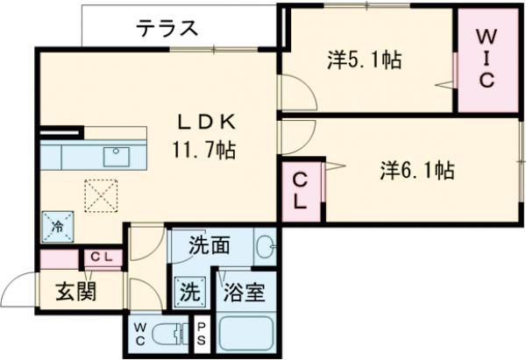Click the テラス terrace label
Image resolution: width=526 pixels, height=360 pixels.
tap(167, 28)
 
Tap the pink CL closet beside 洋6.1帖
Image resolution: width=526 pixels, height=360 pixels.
tap(300, 190)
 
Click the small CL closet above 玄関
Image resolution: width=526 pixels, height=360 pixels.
tap(100, 258)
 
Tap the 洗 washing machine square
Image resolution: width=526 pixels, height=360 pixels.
tap(188, 291)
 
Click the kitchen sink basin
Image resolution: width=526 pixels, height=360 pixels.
tap(116, 157)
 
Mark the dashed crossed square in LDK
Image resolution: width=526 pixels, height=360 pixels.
tap(100, 195)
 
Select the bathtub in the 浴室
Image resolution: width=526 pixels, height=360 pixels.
tap(246, 334)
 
